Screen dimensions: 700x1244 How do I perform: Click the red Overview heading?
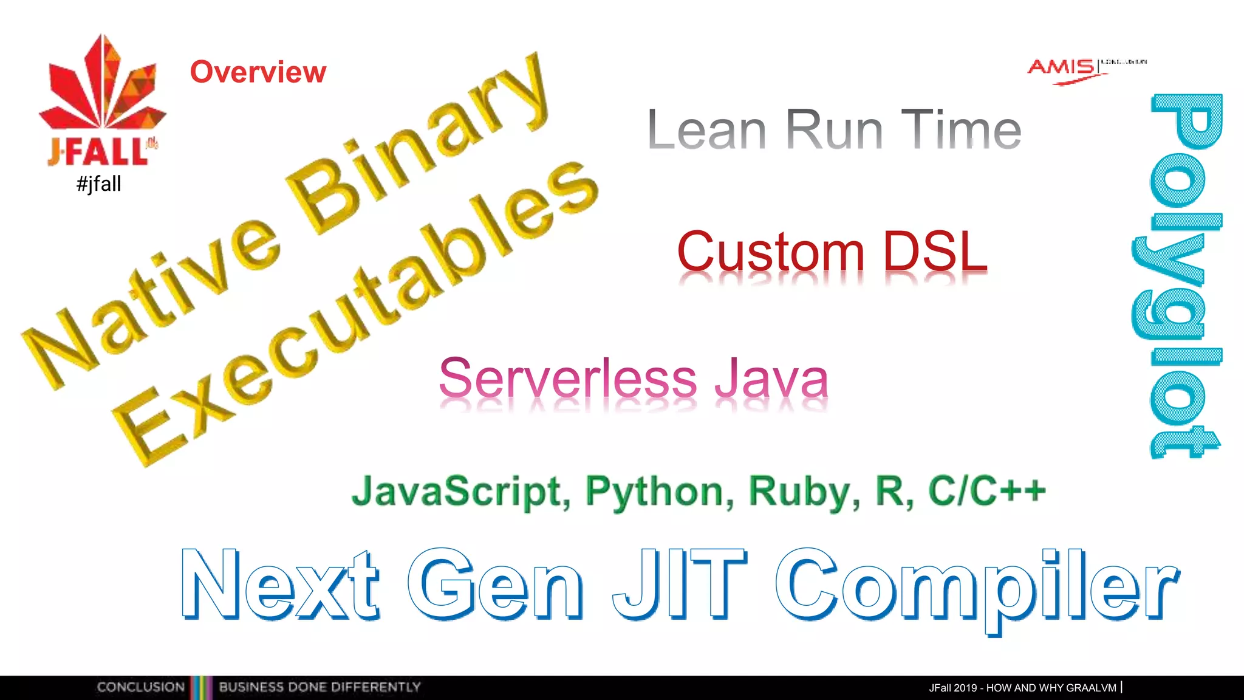(x=258, y=72)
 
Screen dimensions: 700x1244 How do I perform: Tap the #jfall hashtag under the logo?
(x=99, y=184)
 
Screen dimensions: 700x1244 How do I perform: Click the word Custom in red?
(x=770, y=252)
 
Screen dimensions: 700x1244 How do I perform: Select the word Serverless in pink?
(x=567, y=378)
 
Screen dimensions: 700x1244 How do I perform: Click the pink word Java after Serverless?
(x=770, y=378)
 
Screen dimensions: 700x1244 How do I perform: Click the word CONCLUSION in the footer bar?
(x=140, y=687)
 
